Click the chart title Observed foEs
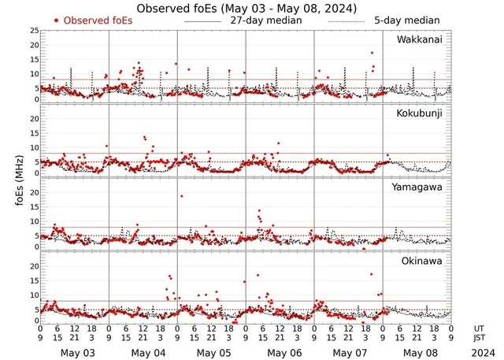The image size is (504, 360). click(246, 8)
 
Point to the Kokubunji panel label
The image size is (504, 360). click(420, 114)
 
